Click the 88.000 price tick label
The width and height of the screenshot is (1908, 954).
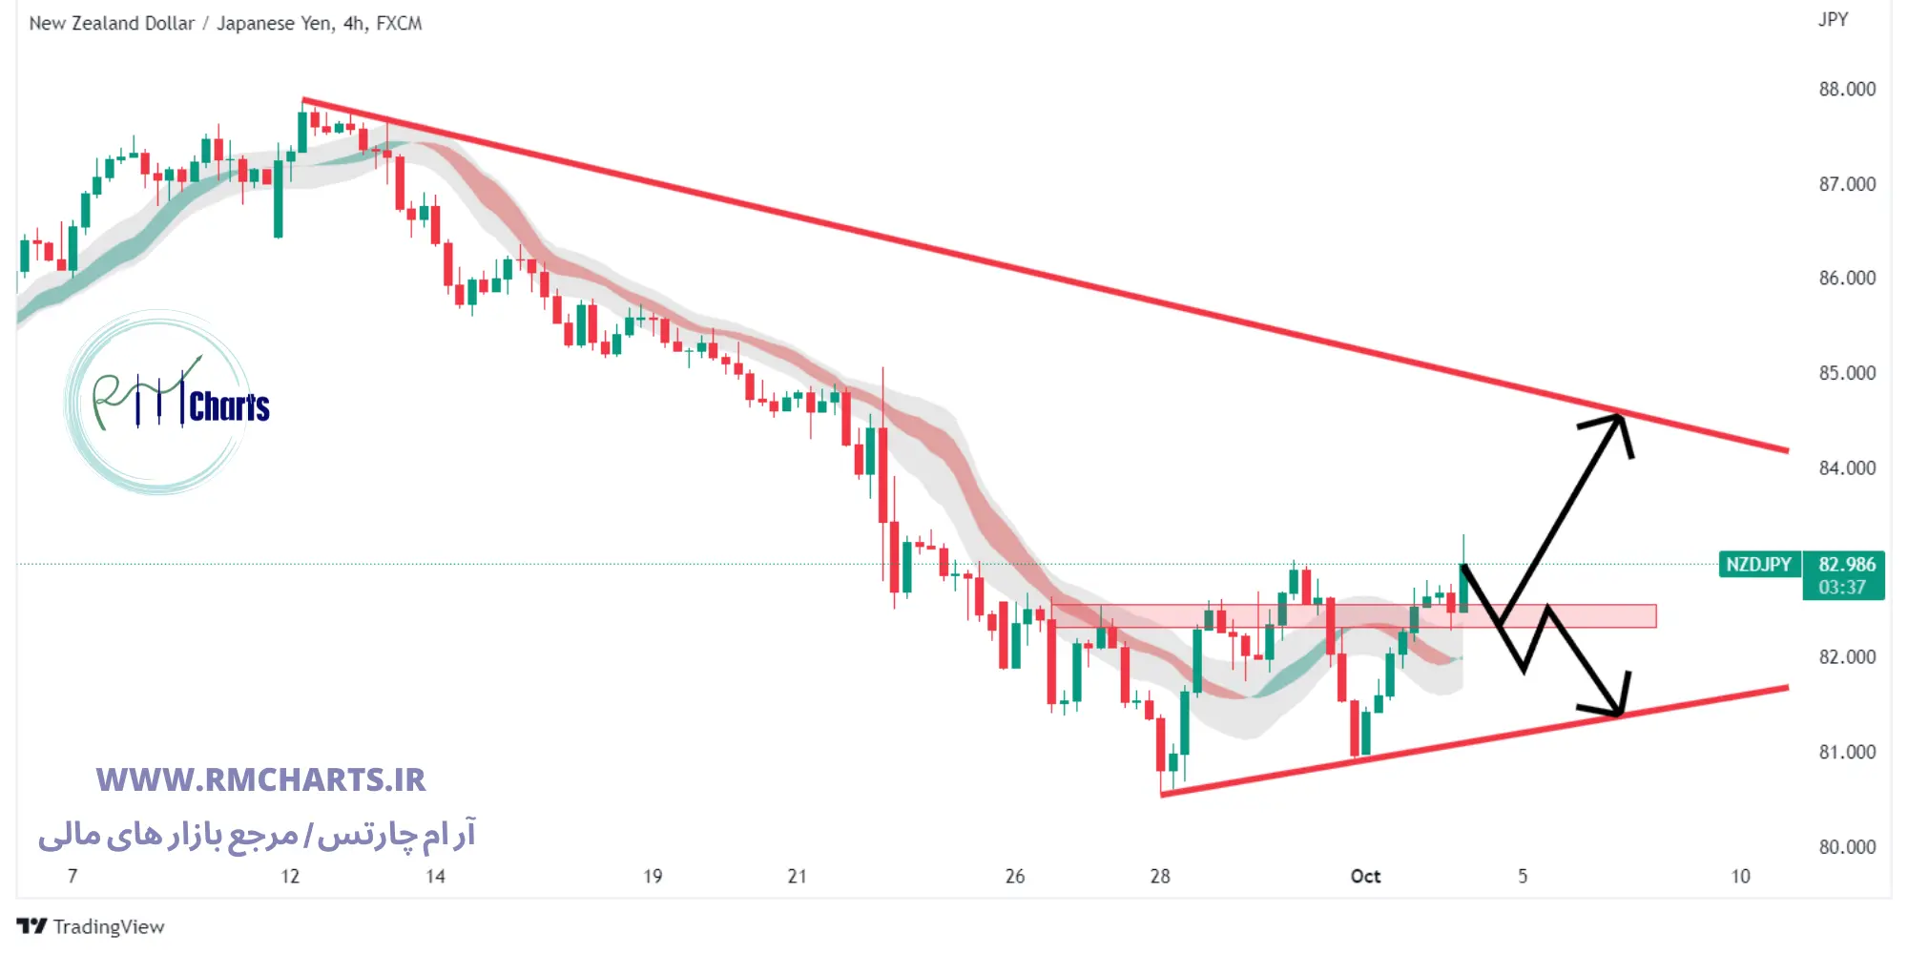click(1846, 89)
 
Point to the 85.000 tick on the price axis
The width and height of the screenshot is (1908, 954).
click(1846, 373)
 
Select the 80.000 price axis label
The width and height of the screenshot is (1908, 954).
click(1846, 846)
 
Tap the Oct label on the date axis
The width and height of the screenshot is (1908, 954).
click(1365, 876)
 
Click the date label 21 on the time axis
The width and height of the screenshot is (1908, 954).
click(797, 876)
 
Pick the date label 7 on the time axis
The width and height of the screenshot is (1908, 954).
click(73, 876)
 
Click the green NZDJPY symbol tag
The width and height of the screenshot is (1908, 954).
click(1758, 565)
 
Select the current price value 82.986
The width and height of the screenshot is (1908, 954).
click(1846, 565)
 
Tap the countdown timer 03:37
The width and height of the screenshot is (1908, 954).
click(1841, 588)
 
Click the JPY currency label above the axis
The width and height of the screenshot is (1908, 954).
click(1833, 20)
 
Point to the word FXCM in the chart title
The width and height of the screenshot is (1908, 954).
click(399, 23)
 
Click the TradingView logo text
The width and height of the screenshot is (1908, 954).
click(108, 926)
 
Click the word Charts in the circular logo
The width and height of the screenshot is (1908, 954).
click(229, 406)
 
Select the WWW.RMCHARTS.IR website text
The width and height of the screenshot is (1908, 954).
click(260, 779)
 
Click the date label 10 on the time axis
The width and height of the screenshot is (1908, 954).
click(1740, 876)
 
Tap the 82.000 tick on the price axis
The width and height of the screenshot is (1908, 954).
click(1846, 657)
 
